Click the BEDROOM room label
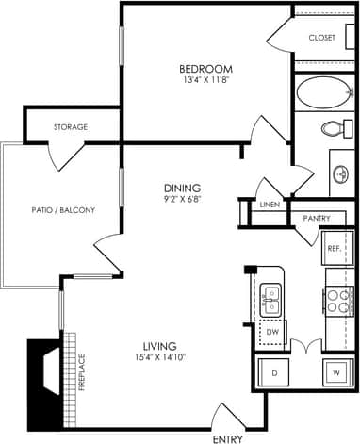[x=206, y=69]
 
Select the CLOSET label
[x=322, y=38]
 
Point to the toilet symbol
[x=333, y=128]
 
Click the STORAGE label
[x=71, y=127]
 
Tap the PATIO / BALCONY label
[x=62, y=209]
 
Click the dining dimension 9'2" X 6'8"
[x=181, y=199]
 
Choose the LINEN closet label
[x=270, y=205]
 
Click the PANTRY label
[x=317, y=219]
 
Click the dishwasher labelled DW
[x=271, y=332]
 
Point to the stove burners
[x=338, y=301]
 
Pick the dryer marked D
[x=273, y=372]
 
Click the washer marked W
[x=336, y=372]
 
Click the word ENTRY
[x=227, y=438]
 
